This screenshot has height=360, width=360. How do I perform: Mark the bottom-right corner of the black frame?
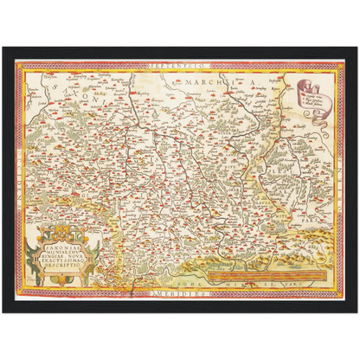click(357, 312)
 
